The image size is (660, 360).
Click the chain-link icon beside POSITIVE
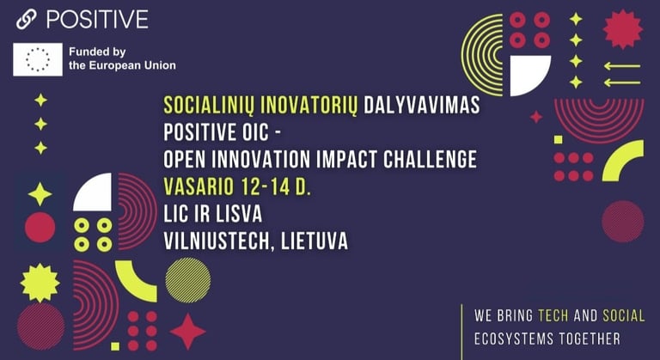pyautogui.click(x=26, y=20)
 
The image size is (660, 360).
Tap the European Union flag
pyautogui.click(x=38, y=59)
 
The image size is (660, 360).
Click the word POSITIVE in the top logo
pyautogui.click(x=97, y=20)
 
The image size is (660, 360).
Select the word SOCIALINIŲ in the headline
pyautogui.click(x=209, y=106)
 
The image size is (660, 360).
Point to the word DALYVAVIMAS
pyautogui.click(x=422, y=105)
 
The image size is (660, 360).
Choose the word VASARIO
pyautogui.click(x=199, y=186)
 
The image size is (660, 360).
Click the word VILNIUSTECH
pyautogui.click(x=217, y=241)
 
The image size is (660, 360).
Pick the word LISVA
pyautogui.click(x=240, y=214)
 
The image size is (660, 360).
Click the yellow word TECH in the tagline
pyautogui.click(x=553, y=315)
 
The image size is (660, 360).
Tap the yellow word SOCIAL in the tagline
pyautogui.click(x=624, y=315)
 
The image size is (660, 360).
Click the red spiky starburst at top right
pyautogui.click(x=622, y=29)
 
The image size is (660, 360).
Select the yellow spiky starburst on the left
pyautogui.click(x=40, y=283)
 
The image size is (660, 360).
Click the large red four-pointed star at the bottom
pyautogui.click(x=187, y=332)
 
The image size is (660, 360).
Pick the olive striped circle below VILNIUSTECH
pyautogui.click(x=187, y=280)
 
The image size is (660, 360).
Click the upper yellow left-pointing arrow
pyautogui.click(x=622, y=66)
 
